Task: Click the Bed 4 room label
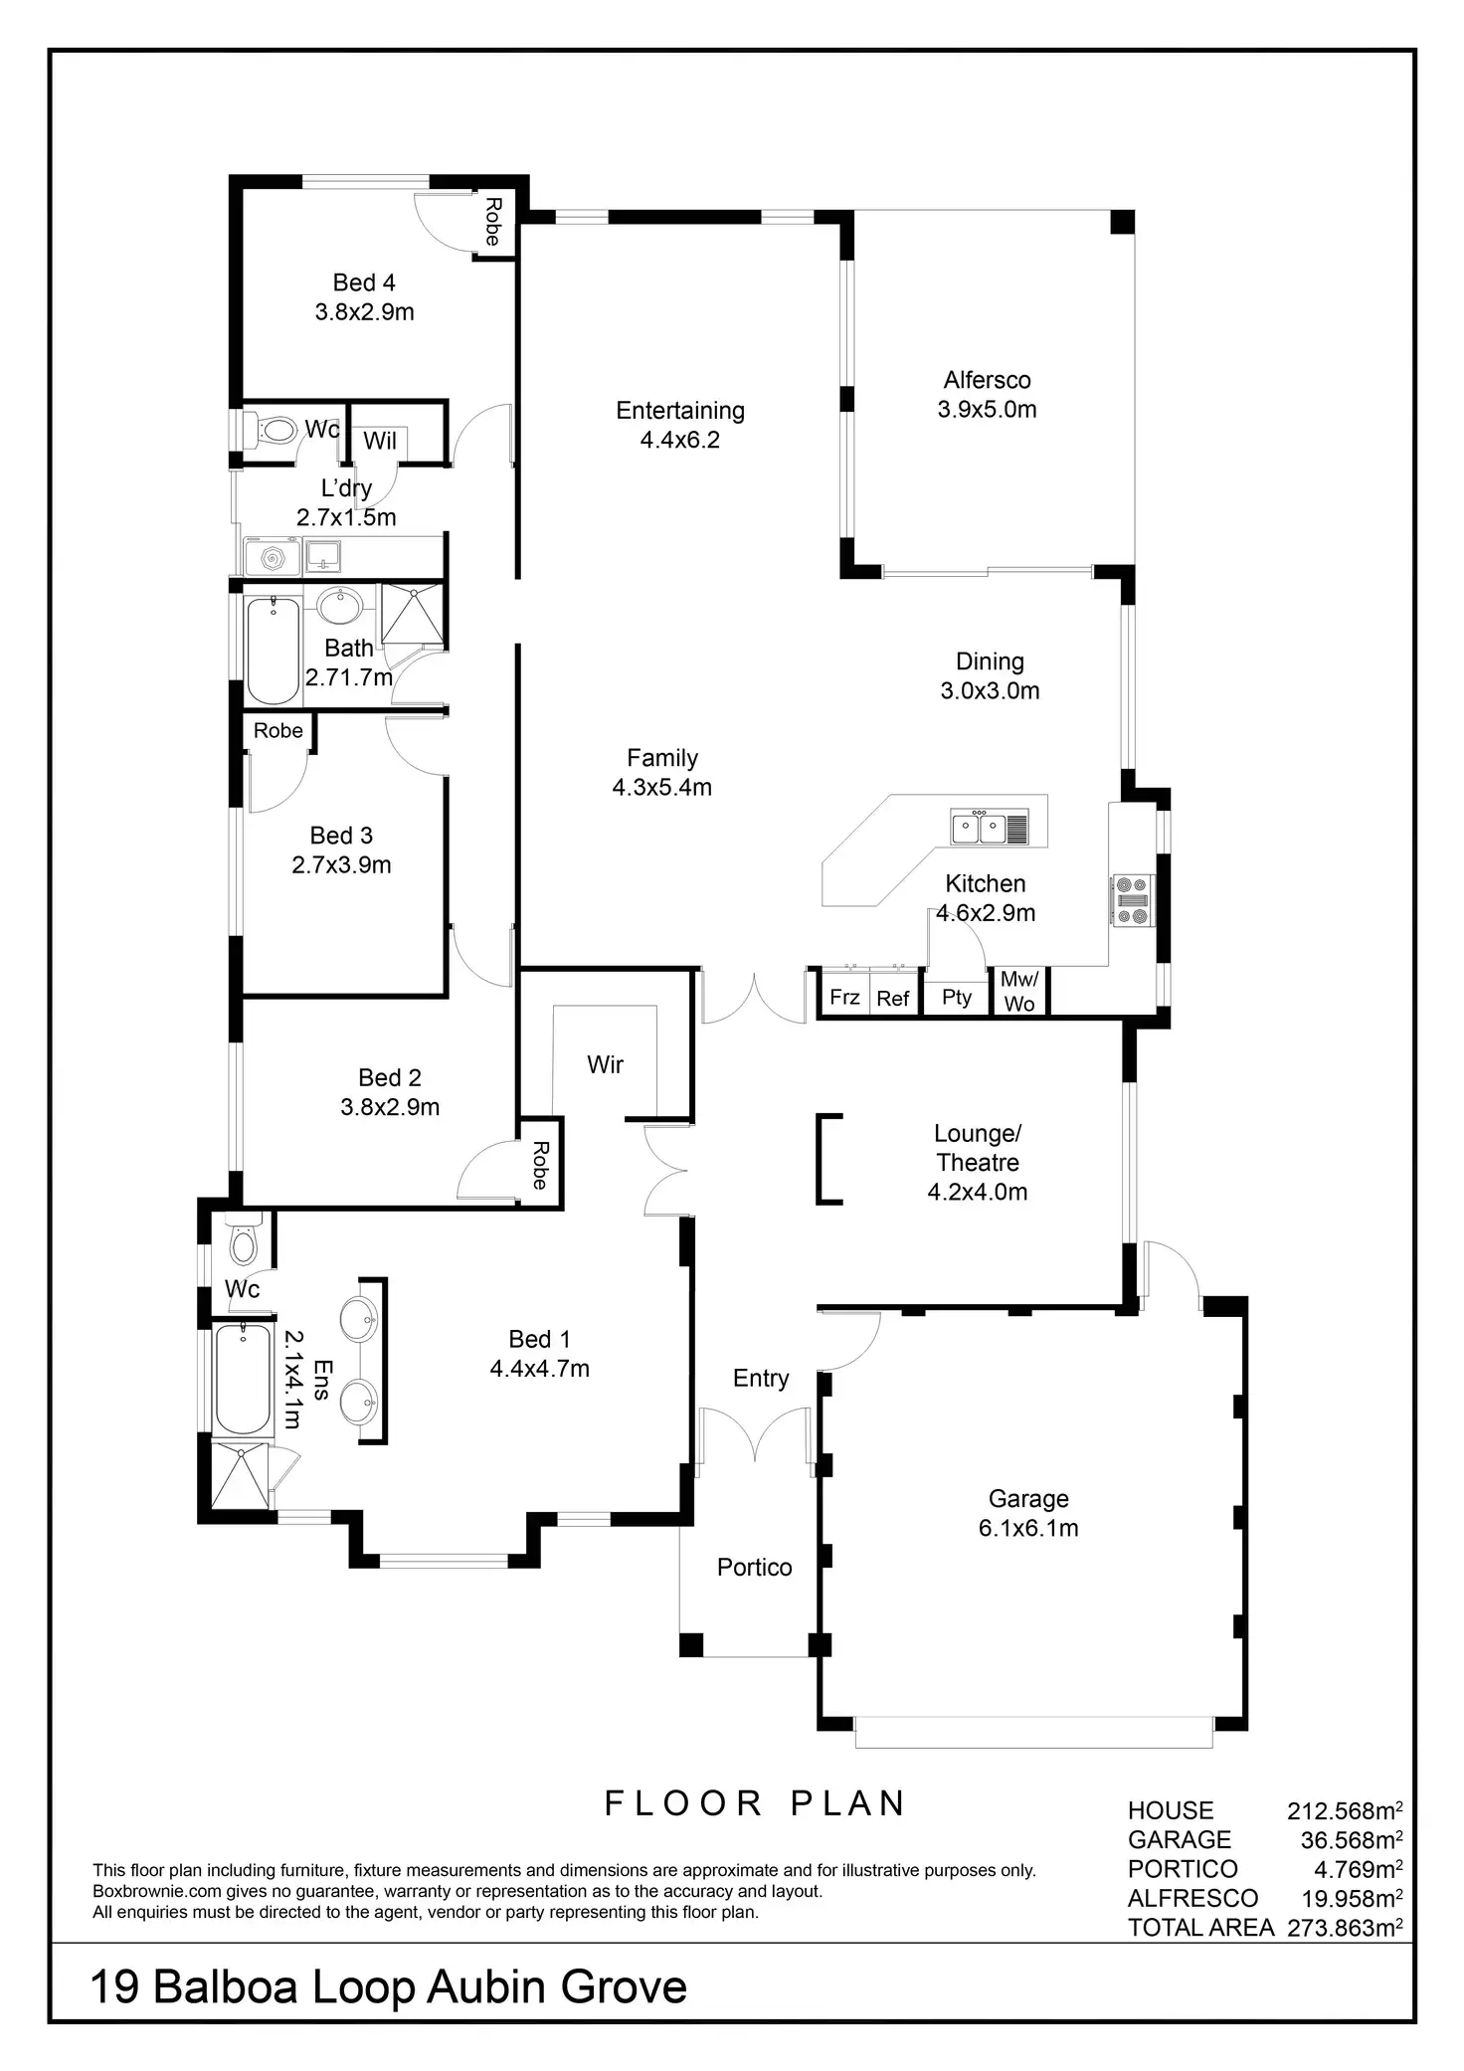[364, 283]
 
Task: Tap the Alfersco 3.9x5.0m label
[987, 394]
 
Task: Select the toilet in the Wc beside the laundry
[275, 430]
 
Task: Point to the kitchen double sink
[980, 828]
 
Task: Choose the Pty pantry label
[957, 997]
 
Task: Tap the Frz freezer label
[844, 997]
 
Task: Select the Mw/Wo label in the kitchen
[1019, 991]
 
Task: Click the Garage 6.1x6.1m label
[1028, 1513]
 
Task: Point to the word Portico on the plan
[754, 1568]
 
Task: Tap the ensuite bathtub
[242, 1379]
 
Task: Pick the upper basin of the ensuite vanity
[358, 1319]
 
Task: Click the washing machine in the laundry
[271, 558]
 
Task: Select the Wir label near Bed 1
[605, 1065]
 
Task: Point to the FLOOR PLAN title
[755, 1802]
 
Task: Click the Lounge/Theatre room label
[978, 1148]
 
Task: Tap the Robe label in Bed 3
[277, 731]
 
